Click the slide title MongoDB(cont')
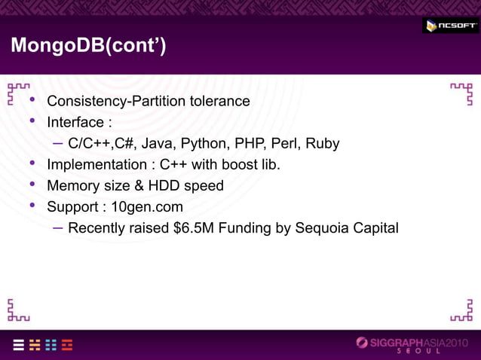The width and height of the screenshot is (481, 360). [x=87, y=47]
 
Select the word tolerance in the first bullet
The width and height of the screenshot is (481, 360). [x=217, y=101]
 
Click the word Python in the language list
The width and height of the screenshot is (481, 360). [x=204, y=143]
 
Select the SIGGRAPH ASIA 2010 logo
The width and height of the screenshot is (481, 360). [x=416, y=343]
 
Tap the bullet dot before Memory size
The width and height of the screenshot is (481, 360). [x=32, y=185]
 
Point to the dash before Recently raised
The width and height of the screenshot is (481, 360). [x=58, y=227]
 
